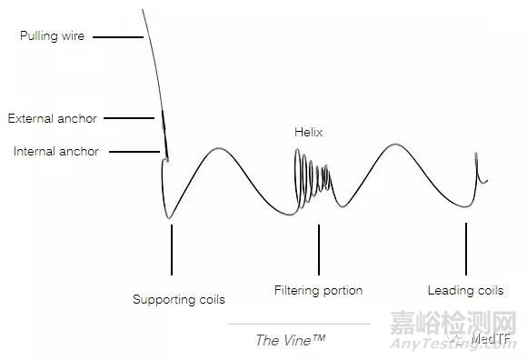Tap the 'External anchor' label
coord(52,118)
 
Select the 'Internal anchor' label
coord(56,151)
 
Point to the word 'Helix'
coord(308,132)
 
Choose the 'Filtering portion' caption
coord(318,291)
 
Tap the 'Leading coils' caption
coord(465,291)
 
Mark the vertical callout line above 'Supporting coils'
coord(171,250)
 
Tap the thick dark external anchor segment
coord(164,122)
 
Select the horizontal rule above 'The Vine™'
coord(299,324)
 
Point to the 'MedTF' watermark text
coord(495,340)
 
